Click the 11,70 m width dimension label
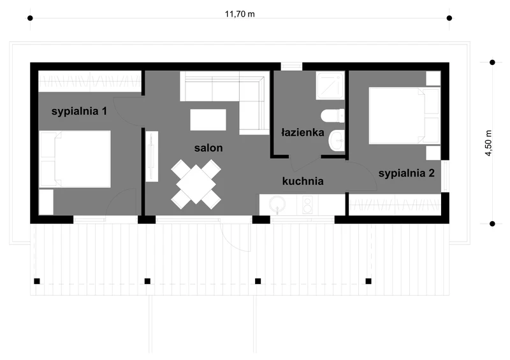point(240,14)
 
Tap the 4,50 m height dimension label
point(488,143)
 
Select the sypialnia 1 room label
point(79,112)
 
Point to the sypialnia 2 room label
point(406,173)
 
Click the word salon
point(208,148)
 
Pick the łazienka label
point(302,133)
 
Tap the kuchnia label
point(303,181)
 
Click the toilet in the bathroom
point(332,116)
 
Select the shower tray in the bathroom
point(330,85)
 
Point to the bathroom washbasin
point(337,140)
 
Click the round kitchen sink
point(277,205)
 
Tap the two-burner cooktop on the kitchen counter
point(308,205)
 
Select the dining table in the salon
point(196,184)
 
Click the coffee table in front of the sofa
point(208,120)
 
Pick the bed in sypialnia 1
point(75,159)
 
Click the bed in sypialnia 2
point(404,115)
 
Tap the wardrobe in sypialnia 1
point(90,82)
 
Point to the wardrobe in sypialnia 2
point(395,205)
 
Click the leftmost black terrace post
point(37,281)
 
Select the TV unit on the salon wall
point(152,156)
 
